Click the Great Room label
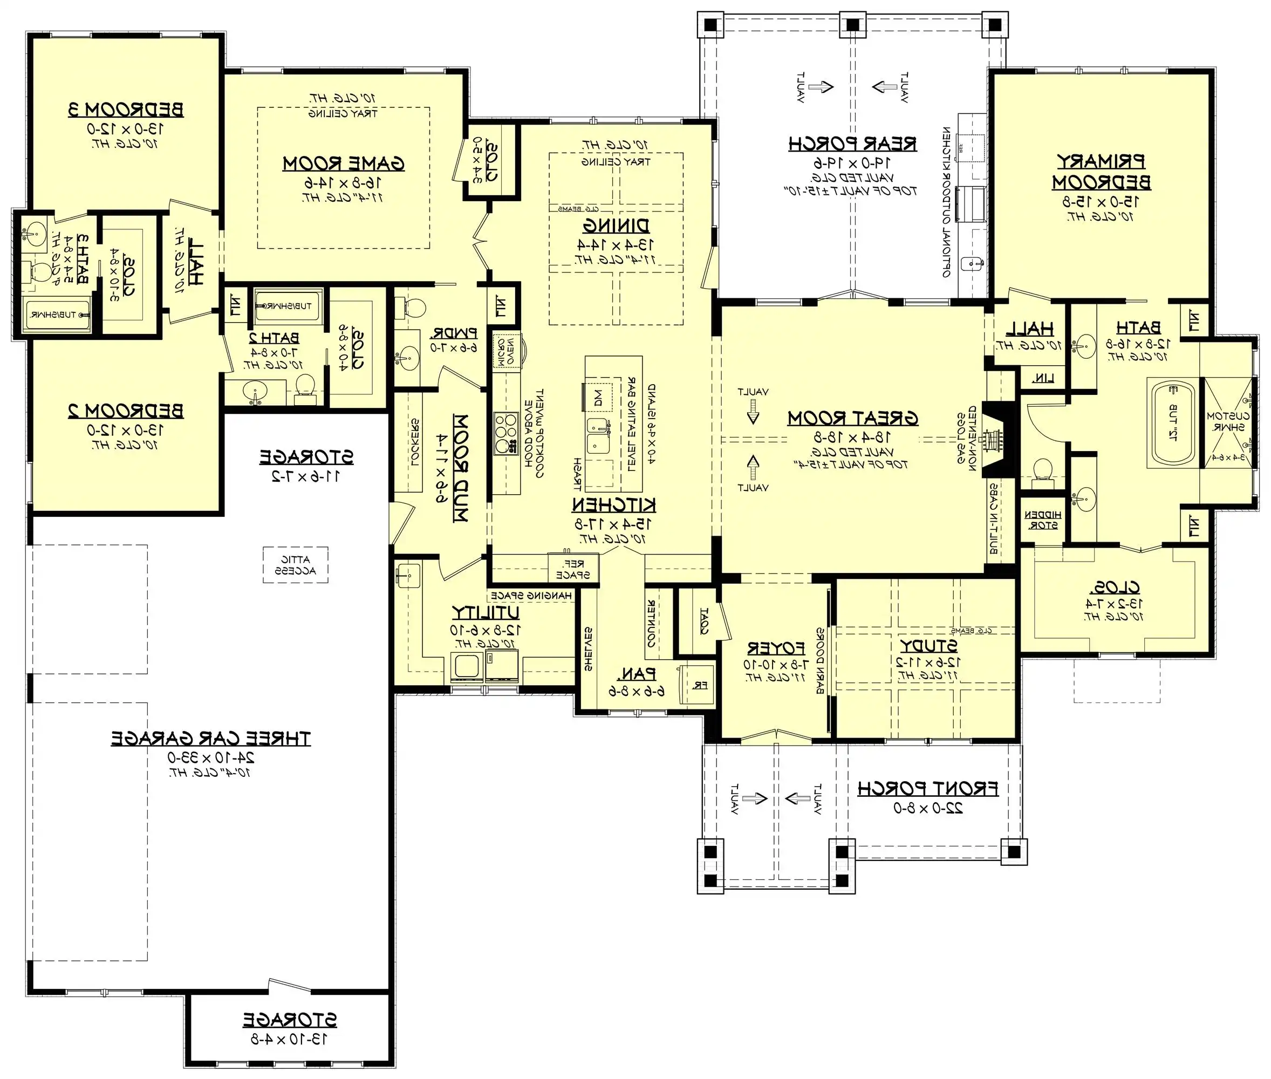tap(852, 419)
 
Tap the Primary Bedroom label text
tap(1101, 172)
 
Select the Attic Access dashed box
tap(296, 564)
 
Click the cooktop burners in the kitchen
tap(506, 434)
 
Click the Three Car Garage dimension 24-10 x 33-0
tap(211, 758)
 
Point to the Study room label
tap(928, 646)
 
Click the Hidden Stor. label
tap(1042, 520)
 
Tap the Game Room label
tap(343, 164)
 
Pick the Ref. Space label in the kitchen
tap(572, 569)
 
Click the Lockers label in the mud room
tap(414, 443)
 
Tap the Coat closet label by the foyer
tap(704, 620)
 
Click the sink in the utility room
tap(407, 576)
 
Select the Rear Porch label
tap(852, 145)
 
